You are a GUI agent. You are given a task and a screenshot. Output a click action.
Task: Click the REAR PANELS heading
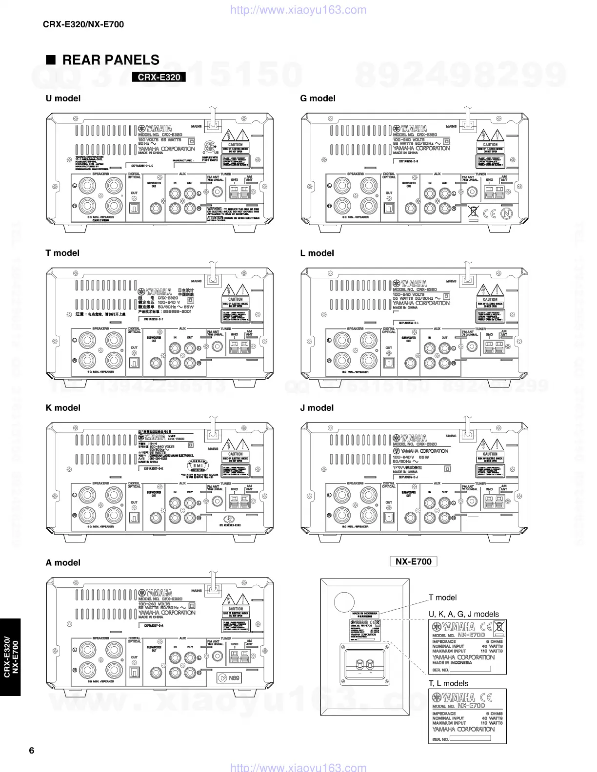[110, 60]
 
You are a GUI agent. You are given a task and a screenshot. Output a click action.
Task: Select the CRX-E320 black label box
[159, 77]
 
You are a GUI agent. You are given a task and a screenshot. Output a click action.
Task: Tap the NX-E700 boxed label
[413, 561]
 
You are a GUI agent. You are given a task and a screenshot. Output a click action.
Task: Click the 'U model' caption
[63, 98]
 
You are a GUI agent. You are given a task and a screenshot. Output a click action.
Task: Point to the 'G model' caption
[318, 98]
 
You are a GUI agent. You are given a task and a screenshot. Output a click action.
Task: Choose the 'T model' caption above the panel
[62, 253]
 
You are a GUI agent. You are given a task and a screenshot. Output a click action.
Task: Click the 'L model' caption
[317, 253]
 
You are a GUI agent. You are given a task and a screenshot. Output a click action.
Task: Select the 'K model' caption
[63, 408]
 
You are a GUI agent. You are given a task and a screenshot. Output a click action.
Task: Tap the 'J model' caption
[317, 408]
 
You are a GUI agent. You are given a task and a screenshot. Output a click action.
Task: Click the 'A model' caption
[63, 562]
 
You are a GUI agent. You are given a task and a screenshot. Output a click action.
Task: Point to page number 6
[32, 750]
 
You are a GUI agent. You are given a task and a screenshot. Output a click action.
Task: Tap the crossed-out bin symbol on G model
[473, 212]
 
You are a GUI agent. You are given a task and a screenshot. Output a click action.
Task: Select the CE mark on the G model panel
[490, 213]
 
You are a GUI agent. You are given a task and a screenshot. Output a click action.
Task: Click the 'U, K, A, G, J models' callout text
[463, 614]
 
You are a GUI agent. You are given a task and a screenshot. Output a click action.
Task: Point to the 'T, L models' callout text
[448, 683]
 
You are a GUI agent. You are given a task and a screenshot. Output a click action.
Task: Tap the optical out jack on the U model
[134, 208]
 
